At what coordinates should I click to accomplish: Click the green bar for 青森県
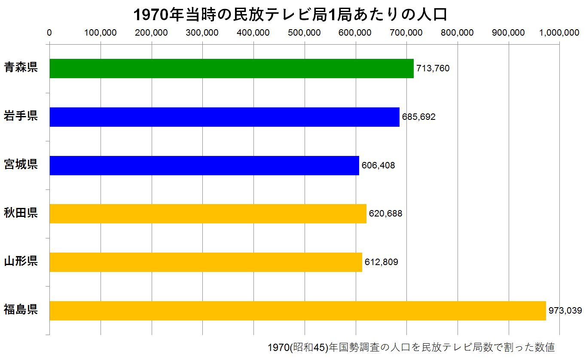(231, 68)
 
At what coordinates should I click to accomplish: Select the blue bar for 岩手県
(224, 117)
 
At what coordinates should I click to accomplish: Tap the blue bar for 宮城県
(204, 165)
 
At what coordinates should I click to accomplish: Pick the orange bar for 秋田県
(208, 214)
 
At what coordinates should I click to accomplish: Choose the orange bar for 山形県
(206, 262)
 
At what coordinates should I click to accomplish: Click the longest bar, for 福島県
(297, 311)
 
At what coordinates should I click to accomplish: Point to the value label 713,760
(433, 68)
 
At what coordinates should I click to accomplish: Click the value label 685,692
(419, 117)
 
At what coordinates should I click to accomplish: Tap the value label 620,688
(386, 214)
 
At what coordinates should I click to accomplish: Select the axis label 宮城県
(21, 165)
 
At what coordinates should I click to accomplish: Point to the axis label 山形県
(21, 261)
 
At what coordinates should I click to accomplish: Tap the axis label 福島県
(21, 310)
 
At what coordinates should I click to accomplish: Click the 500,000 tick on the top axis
(305, 33)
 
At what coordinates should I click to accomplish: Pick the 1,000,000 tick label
(559, 33)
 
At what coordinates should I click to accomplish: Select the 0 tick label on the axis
(49, 33)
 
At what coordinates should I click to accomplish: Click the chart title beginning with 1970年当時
(290, 15)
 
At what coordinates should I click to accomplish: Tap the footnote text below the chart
(411, 348)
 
